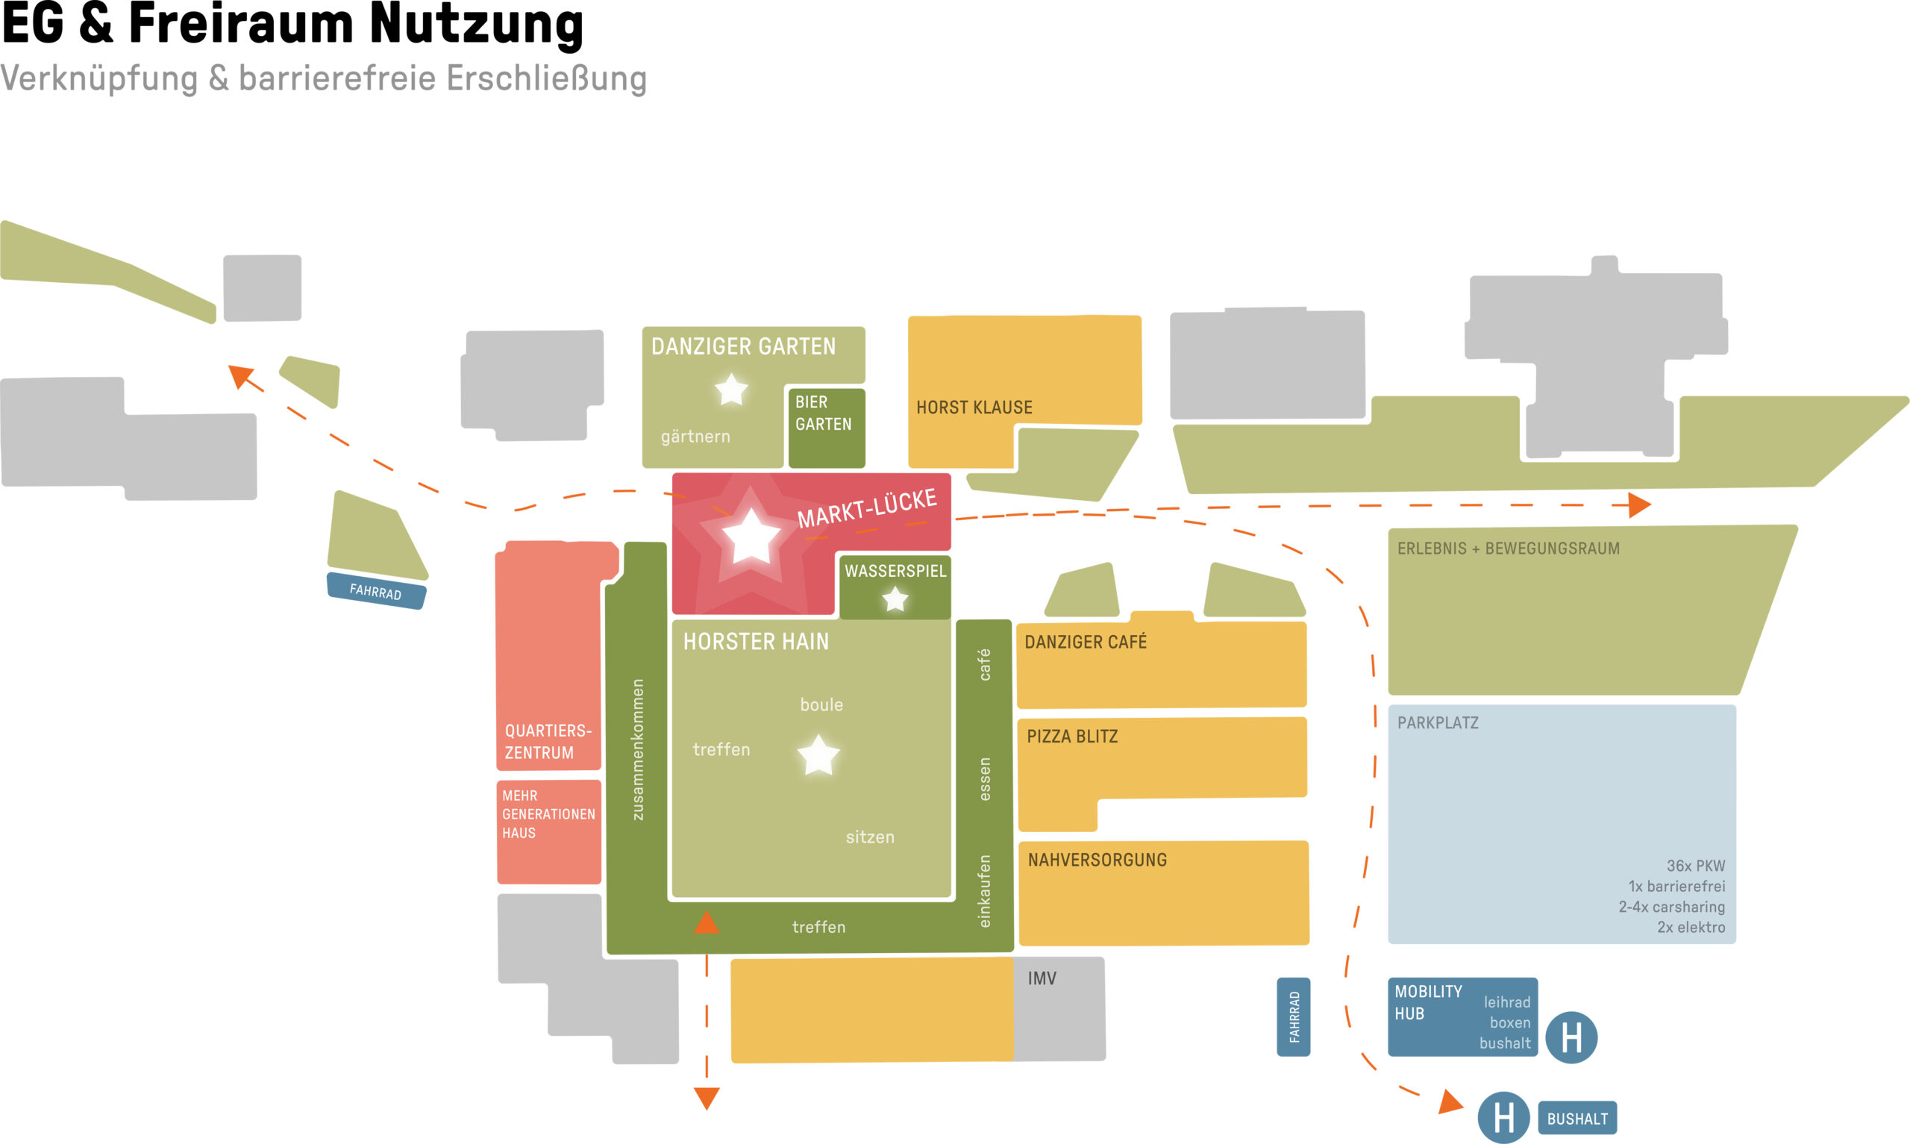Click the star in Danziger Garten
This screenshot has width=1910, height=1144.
731,390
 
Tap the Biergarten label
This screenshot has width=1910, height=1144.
823,413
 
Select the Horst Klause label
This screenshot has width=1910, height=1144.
974,407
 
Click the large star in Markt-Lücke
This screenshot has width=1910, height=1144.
751,537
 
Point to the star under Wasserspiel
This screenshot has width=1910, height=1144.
895,599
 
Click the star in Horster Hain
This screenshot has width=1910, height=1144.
818,754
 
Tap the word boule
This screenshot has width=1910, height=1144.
821,704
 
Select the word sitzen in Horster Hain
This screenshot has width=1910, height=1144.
870,837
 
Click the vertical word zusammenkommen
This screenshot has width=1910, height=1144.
637,749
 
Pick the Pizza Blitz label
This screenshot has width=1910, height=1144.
1071,737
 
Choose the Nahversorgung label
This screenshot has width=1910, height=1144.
1098,860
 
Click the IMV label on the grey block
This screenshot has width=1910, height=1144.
1042,978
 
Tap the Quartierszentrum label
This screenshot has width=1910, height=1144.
548,742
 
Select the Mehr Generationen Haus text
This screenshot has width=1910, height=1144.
548,814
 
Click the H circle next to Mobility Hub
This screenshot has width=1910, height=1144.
1571,1037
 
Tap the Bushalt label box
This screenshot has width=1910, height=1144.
1577,1119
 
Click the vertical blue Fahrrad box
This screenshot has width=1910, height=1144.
1294,1017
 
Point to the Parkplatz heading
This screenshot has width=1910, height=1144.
1438,723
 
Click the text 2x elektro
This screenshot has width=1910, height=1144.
1691,928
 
